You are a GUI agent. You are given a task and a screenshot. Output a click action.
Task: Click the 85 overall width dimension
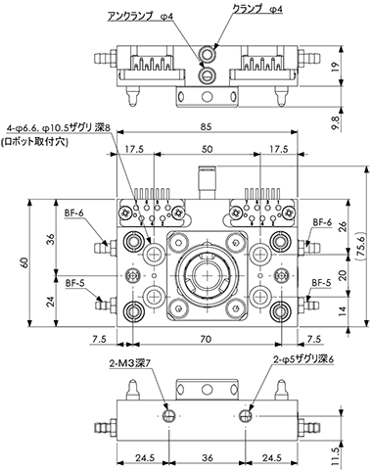(x=207, y=126)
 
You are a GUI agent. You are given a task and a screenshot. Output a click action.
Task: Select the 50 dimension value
(x=207, y=149)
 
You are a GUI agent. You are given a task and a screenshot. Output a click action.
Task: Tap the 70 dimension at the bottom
(x=206, y=340)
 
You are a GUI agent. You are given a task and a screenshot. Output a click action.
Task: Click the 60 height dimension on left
(x=24, y=263)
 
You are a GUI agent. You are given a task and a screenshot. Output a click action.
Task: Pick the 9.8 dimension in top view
(x=337, y=121)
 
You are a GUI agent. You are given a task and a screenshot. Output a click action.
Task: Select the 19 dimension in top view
(x=336, y=67)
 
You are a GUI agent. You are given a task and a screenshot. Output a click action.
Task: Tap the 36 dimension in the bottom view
(x=208, y=458)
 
